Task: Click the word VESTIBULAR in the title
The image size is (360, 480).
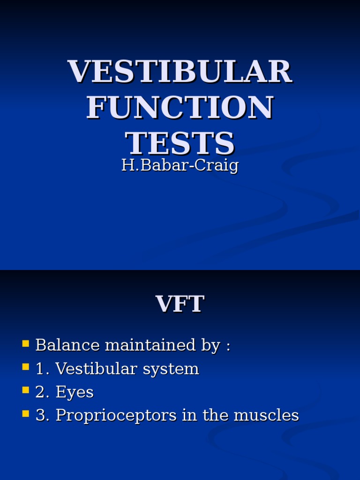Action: pos(180,72)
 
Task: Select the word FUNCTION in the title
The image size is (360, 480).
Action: pos(180,107)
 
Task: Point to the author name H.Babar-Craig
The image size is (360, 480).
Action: pos(180,165)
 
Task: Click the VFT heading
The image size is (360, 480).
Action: pos(180,304)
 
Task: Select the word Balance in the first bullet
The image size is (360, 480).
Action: pos(67,345)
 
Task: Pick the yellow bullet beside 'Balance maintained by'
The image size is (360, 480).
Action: pos(26,344)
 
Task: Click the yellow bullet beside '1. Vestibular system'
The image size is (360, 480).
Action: pos(26,367)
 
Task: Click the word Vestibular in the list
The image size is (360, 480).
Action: pos(89,369)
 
